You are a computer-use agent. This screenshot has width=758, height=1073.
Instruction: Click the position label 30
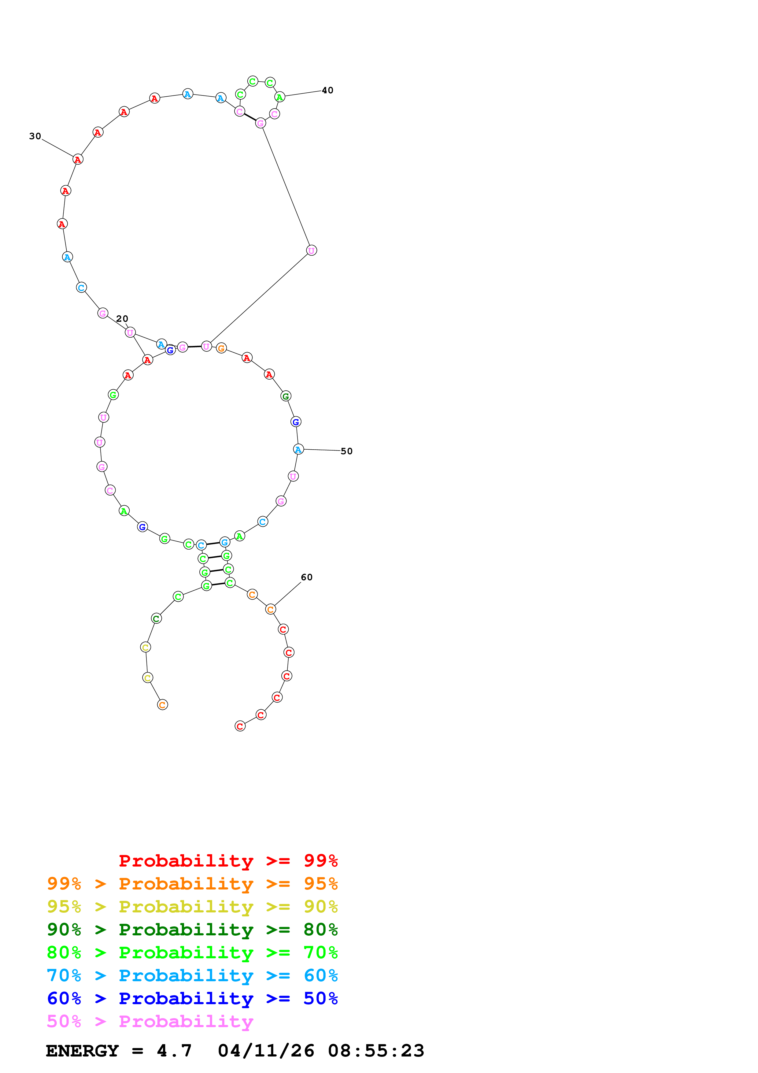35,136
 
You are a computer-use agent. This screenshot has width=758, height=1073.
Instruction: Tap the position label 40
327,90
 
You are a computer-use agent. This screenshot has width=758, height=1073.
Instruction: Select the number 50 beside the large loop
346,451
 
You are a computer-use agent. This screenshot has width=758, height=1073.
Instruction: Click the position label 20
122,319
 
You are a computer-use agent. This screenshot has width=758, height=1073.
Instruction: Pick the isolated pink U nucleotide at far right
312,251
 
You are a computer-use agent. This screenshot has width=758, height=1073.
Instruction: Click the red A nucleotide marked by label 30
78,159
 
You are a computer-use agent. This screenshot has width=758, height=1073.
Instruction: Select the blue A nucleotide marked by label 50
298,450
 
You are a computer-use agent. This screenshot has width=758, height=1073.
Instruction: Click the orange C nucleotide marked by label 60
270,609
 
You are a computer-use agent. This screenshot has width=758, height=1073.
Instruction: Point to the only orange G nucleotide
221,348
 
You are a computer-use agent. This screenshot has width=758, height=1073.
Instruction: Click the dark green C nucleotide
157,619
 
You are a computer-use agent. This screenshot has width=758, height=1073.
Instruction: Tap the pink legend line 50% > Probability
150,1022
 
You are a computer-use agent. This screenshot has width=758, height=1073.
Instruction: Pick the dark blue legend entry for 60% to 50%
192,999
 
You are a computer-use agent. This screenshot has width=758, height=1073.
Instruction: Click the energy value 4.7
174,1051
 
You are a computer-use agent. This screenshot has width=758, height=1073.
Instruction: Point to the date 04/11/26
266,1051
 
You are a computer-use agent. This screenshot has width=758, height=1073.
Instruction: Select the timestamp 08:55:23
376,1051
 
